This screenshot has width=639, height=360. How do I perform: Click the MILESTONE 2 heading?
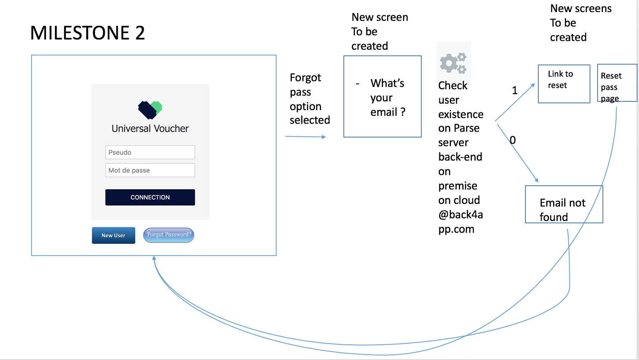tap(88, 33)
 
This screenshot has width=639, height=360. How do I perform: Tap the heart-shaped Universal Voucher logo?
tap(150, 110)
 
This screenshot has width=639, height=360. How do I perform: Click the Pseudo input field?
tap(150, 152)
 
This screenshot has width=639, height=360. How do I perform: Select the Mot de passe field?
tap(150, 170)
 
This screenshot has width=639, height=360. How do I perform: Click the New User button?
tap(114, 235)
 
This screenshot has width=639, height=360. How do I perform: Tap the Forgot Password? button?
tap(169, 235)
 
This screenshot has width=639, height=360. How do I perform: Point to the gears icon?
tap(453, 63)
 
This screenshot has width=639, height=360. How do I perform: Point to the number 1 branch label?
tap(515, 91)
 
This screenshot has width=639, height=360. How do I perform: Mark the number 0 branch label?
tap(512, 140)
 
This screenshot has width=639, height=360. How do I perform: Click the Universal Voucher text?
tap(150, 129)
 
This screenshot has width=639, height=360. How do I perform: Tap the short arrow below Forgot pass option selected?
tap(305, 137)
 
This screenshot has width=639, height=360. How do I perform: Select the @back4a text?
tap(460, 215)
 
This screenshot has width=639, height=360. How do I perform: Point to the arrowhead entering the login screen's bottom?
tap(154, 258)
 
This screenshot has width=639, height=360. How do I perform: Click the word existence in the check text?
tap(461, 114)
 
